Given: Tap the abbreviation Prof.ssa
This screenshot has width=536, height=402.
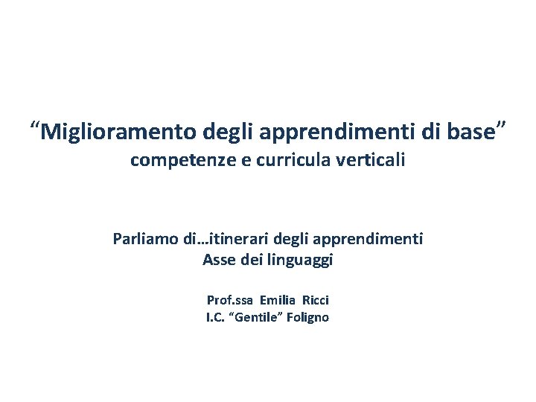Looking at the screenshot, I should coord(231,300).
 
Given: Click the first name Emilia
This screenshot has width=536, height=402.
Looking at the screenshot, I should coord(278,300).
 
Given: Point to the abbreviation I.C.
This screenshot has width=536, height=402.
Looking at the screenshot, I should coord(217,318).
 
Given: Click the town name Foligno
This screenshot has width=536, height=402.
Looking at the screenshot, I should coord(309,318).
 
